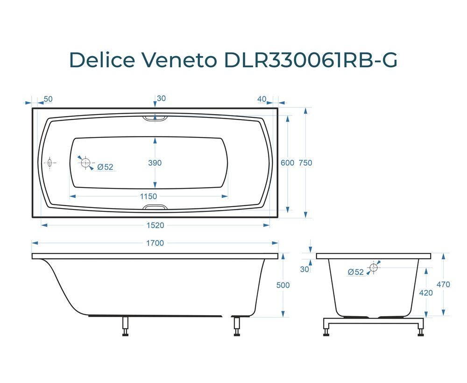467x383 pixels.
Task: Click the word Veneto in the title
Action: click(180, 60)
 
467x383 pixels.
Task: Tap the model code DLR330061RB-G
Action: click(311, 60)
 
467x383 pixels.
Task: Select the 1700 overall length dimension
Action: click(155, 243)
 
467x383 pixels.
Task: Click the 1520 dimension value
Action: click(155, 225)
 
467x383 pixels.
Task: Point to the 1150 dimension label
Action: click(149, 196)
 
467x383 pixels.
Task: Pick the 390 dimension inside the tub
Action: click(155, 163)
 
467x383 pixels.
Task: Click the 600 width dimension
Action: click(287, 163)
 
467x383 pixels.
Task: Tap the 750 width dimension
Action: click(305, 163)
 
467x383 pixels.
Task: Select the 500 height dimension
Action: click(283, 285)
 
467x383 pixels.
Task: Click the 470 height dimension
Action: click(444, 285)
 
